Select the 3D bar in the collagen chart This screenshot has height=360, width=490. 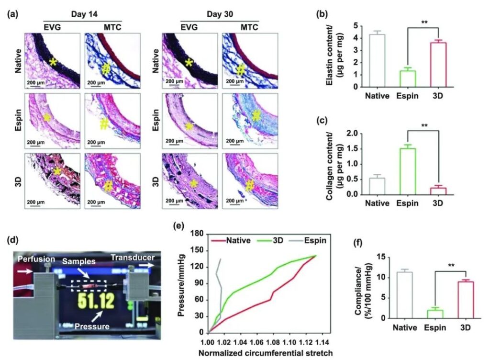(x=437, y=191)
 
